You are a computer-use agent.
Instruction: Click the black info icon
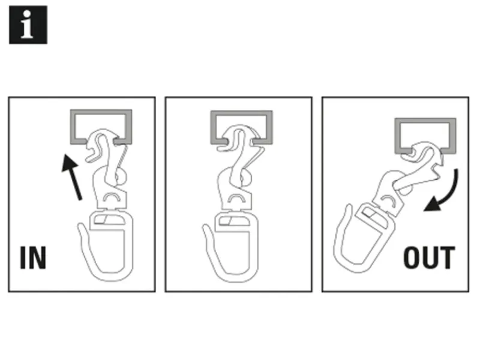28,25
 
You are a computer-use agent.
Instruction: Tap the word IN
33,258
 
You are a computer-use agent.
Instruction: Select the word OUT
429,258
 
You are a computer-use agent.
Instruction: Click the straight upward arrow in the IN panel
72,178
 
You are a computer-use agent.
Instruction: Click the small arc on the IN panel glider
112,197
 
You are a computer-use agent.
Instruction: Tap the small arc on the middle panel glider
236,197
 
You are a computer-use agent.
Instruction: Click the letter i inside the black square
27,25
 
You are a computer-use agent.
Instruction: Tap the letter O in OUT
412,258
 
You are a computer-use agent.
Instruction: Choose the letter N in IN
37,258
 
